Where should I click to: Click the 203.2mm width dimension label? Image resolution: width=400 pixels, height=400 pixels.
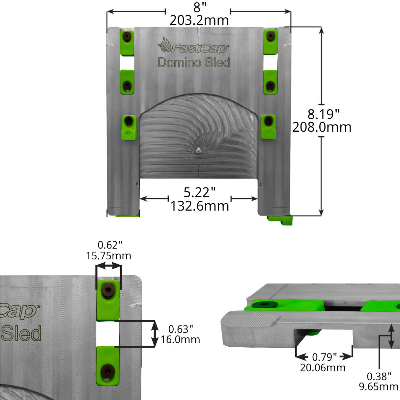pos(199,21)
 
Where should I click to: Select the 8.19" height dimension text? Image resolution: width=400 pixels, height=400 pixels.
pos(323,115)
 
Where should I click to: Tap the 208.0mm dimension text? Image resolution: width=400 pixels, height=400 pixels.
pos(322,127)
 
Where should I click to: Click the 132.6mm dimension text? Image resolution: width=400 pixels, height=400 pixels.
pos(200,206)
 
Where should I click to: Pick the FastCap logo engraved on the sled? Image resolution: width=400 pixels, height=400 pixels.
pos(193,46)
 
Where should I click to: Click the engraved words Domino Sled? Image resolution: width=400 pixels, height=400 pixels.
pos(194,62)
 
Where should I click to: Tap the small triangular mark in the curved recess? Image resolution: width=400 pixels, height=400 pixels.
pos(198,151)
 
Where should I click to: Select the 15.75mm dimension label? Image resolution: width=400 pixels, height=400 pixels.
pos(109,256)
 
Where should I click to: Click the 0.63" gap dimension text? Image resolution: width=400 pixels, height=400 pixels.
pos(181,329)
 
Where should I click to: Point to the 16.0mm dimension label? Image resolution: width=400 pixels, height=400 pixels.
pos(180,340)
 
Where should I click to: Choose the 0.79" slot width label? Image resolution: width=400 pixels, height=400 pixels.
pos(324,357)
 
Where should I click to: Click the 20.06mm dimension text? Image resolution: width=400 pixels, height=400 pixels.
pos(323,368)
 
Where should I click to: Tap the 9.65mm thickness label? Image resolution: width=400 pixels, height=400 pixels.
pos(379,386)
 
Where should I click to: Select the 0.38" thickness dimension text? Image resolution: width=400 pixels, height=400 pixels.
pos(379,376)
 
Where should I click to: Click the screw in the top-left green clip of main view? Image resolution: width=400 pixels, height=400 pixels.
pos(127,36)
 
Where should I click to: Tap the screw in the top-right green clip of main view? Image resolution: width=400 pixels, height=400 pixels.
pos(271,36)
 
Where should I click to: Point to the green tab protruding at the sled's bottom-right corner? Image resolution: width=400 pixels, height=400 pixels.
pos(280,219)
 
